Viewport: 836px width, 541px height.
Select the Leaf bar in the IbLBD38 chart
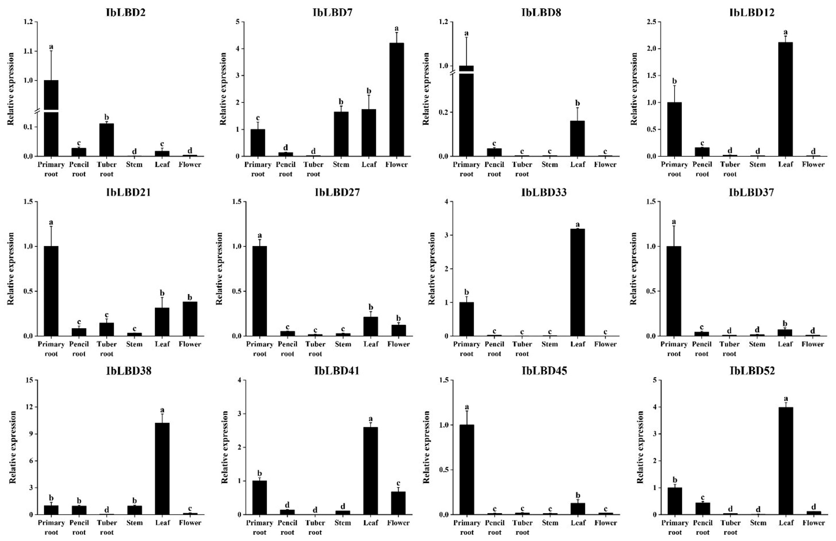pyautogui.click(x=162, y=468)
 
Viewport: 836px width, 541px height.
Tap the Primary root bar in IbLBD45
pyautogui.click(x=467, y=469)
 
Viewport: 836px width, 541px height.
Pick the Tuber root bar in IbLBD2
pyautogui.click(x=106, y=140)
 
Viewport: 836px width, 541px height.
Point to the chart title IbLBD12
pyautogui.click(x=752, y=13)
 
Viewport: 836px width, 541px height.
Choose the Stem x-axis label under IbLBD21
pyautogui.click(x=134, y=344)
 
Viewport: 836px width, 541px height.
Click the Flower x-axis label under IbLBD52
pyautogui.click(x=813, y=523)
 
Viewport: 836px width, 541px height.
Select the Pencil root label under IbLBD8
pyautogui.click(x=494, y=169)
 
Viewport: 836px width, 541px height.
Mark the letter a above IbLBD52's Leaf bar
pyautogui.click(x=786, y=399)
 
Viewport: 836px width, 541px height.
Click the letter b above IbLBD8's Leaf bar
pyautogui.click(x=578, y=103)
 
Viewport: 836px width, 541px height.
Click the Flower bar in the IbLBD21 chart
pyautogui.click(x=190, y=319)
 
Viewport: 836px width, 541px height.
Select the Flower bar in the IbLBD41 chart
pyautogui.click(x=398, y=503)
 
